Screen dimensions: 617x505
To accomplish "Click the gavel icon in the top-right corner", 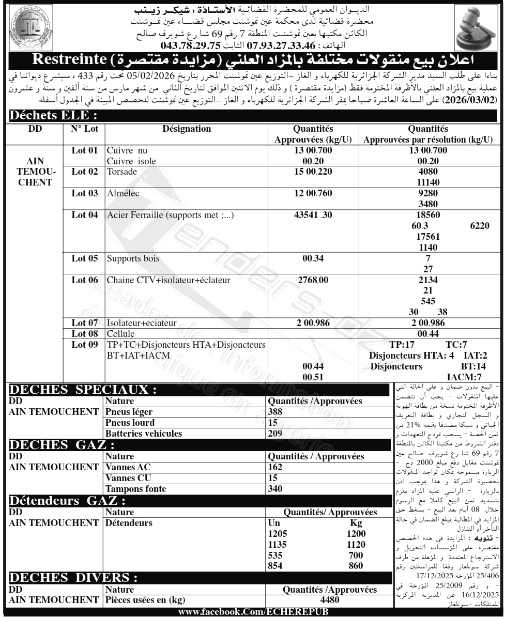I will pyautogui.click(x=476, y=28).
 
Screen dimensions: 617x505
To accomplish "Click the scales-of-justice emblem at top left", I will pyautogui.click(x=29, y=28).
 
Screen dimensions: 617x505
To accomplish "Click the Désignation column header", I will pyautogui.click(x=186, y=129).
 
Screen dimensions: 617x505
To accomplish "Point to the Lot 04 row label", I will pyautogui.click(x=85, y=215).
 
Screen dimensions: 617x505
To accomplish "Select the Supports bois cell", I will pyautogui.click(x=133, y=258).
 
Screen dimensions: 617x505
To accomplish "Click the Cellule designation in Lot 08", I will pyautogui.click(x=120, y=333).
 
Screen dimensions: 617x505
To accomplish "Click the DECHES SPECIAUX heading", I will pyautogui.click(x=83, y=390).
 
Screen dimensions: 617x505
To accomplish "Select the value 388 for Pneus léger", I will pyautogui.click(x=277, y=410).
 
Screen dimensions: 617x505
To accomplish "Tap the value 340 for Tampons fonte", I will pyautogui.click(x=277, y=489).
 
